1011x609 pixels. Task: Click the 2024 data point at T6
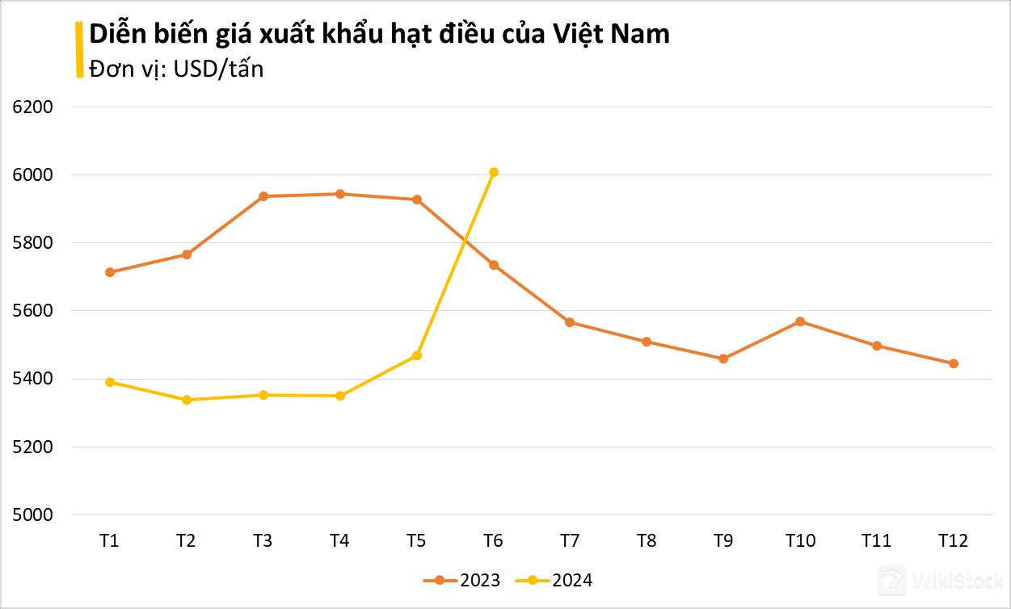(x=494, y=172)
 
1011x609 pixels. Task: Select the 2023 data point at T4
(x=340, y=194)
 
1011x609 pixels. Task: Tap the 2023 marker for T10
(x=800, y=321)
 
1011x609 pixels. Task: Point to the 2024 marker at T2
(x=187, y=400)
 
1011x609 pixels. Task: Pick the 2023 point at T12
(x=954, y=363)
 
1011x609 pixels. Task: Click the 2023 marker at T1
(x=110, y=272)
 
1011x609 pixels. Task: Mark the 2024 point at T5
(x=417, y=355)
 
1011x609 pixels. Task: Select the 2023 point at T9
(x=723, y=359)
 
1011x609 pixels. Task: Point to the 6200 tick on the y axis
(x=33, y=107)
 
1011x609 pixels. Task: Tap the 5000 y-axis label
(x=33, y=514)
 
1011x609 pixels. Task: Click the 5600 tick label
(x=33, y=311)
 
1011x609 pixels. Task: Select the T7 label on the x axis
(x=570, y=541)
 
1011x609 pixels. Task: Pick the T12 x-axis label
(x=954, y=541)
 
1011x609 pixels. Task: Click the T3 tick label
(x=263, y=541)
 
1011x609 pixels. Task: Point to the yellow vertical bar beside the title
(x=79, y=50)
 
